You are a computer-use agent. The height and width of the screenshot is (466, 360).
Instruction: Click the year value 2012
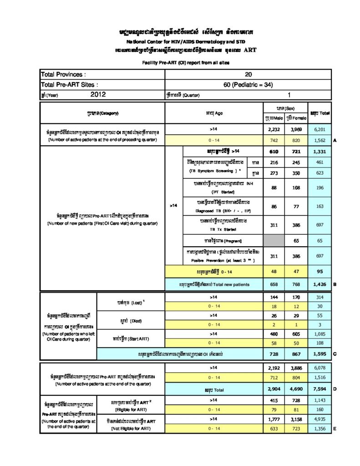tap(98, 94)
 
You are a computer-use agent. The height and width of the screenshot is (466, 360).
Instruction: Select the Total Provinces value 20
tap(248, 74)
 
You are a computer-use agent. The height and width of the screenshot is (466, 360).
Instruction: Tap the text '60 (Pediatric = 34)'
tap(248, 84)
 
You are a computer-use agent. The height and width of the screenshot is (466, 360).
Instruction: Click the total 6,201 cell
tap(319, 130)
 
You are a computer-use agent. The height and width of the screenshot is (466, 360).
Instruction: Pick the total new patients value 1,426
tap(319, 284)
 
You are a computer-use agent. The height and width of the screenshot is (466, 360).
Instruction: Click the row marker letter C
tap(335, 353)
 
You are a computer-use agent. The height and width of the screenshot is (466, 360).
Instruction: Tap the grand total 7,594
tap(319, 390)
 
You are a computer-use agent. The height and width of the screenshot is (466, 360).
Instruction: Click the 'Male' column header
tap(274, 118)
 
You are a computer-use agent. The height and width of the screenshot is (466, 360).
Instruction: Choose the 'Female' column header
tap(297, 118)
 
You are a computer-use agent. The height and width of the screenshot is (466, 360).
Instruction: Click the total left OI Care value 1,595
tap(319, 353)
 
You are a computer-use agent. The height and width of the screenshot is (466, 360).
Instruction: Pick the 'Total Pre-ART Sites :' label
tap(69, 84)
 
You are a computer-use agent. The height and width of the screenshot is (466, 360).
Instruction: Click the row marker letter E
tap(335, 429)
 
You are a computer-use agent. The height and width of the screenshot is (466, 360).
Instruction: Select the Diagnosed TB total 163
tap(319, 207)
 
